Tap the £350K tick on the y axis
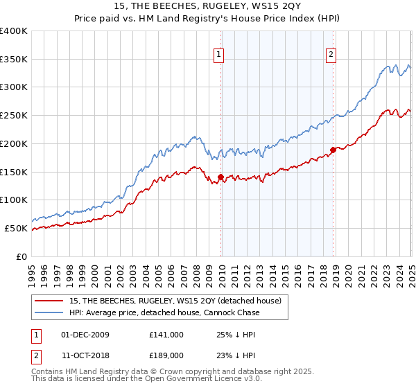point(14,60)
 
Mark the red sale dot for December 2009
point(221,177)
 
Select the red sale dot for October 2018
point(333,150)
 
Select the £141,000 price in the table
point(166,335)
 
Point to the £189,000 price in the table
point(166,355)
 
